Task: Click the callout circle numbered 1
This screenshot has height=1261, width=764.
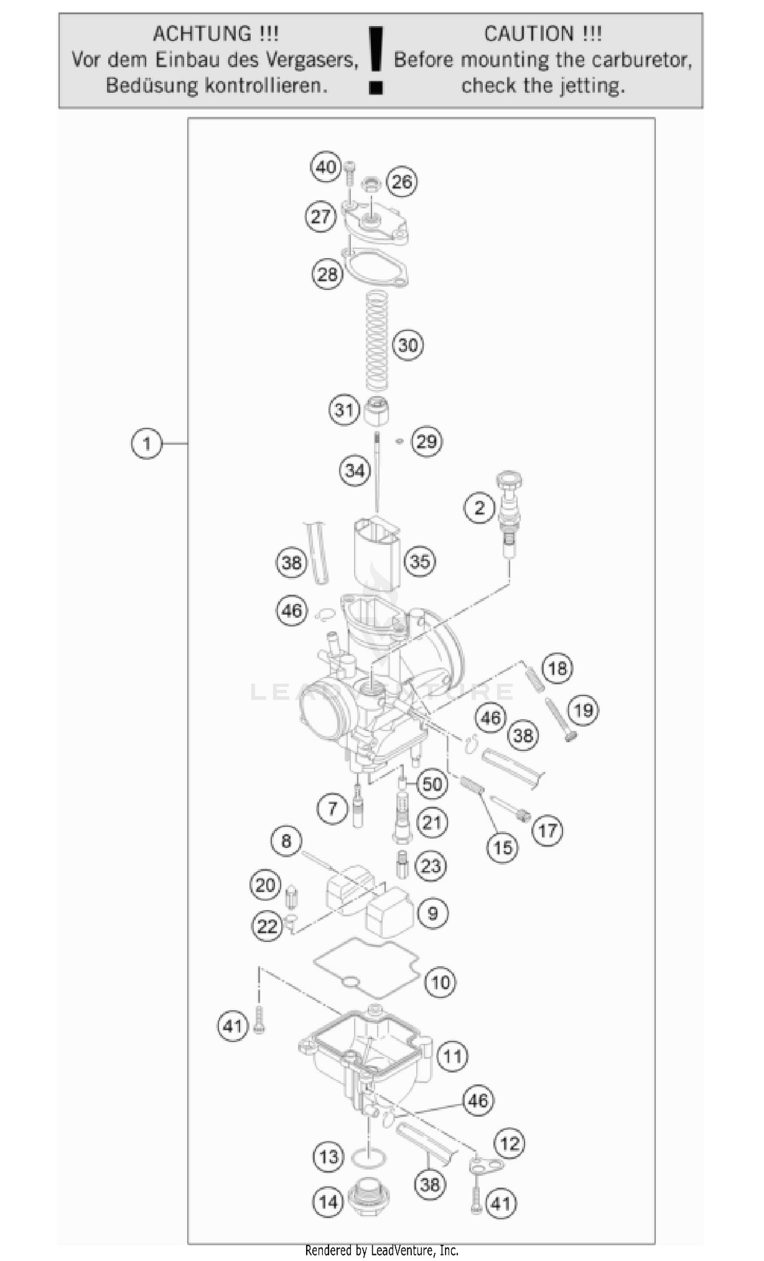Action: [146, 443]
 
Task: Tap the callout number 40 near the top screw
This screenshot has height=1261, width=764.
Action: [326, 168]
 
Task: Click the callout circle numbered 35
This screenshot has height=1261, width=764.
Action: [420, 561]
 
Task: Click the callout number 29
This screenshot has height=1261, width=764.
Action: [427, 442]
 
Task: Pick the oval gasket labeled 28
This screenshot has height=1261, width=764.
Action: [376, 268]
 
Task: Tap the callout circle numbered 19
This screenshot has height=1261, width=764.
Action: [583, 710]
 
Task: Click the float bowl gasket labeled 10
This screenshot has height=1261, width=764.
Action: [366, 969]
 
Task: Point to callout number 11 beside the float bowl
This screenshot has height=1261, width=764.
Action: [452, 1056]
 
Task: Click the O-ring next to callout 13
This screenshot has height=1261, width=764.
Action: [369, 1158]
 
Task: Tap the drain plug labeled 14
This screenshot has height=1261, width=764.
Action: [369, 1199]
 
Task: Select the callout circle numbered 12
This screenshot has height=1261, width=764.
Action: [510, 1144]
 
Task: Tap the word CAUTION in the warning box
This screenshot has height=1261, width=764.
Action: [528, 34]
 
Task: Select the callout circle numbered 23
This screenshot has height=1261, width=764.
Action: [431, 866]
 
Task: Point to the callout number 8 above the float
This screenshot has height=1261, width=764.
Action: [286, 841]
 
